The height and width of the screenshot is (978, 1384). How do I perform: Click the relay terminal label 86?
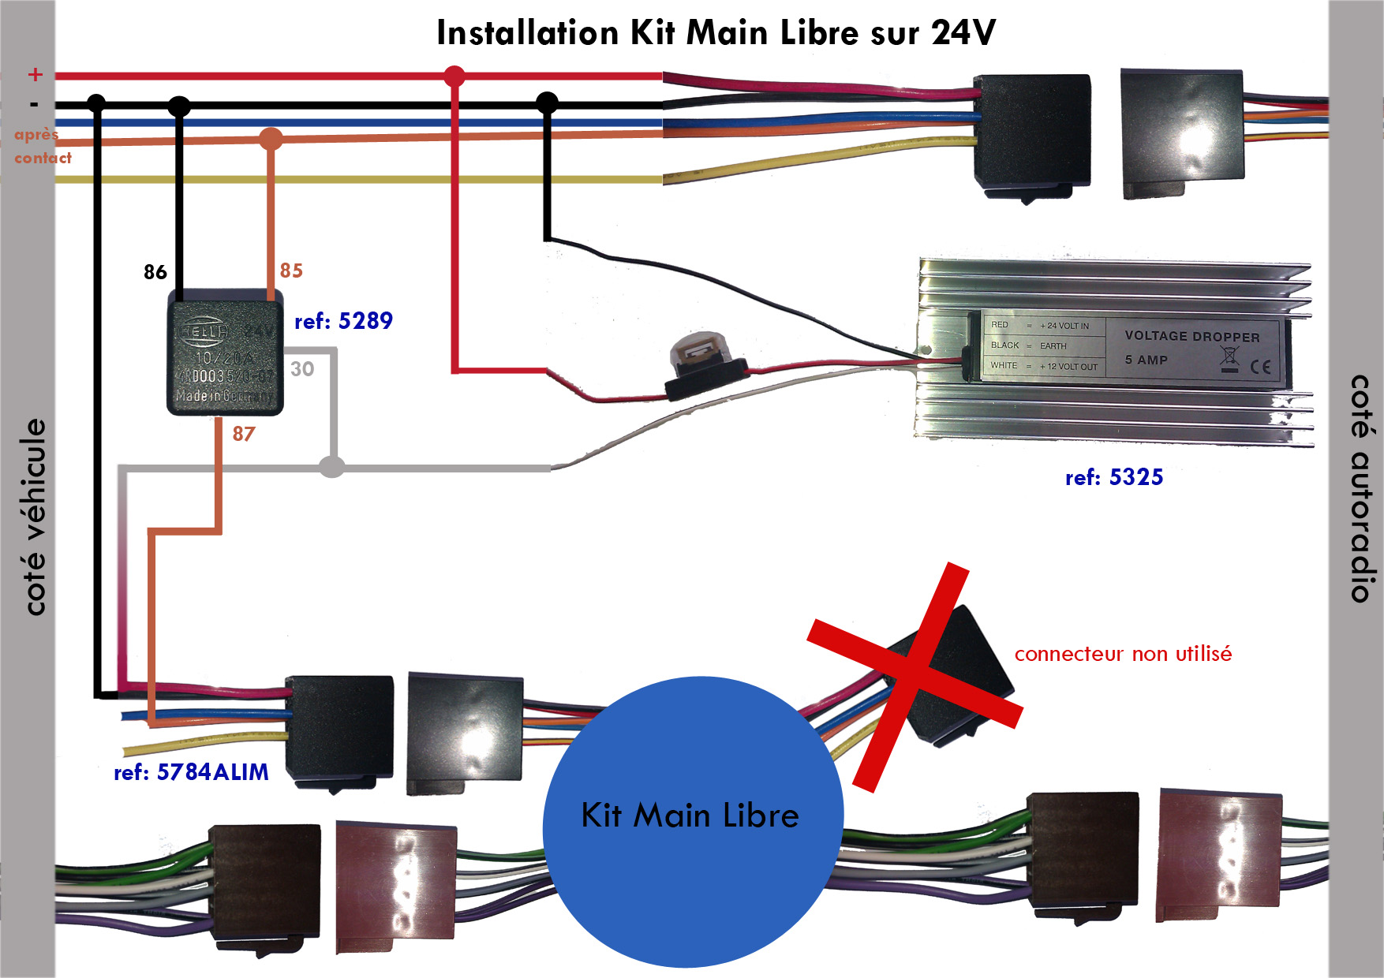coord(155,273)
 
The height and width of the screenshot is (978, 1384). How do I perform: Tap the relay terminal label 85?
coord(291,271)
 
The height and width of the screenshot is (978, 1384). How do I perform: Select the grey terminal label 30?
coord(302,369)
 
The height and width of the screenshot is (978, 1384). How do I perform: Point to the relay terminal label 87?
coord(244,435)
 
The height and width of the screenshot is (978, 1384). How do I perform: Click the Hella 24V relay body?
coord(225,353)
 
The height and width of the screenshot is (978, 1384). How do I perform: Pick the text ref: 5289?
coord(343,321)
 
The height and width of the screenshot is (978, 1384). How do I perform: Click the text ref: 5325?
coord(1114,477)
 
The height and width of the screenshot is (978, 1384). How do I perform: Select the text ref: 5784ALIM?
coord(191,772)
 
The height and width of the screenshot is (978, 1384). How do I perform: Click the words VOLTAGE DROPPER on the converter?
coord(1191,336)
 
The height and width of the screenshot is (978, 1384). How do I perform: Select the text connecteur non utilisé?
coord(1123,654)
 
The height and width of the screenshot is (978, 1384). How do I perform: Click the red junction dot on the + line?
coord(454,77)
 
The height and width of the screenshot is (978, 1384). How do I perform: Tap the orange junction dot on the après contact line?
coord(271,140)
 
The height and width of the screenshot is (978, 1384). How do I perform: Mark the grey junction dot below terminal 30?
coord(332,467)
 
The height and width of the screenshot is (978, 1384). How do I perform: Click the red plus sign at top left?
coord(35,75)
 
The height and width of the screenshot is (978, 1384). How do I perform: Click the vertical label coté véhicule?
coord(35,517)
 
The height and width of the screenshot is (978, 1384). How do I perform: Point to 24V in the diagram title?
coord(963,33)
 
